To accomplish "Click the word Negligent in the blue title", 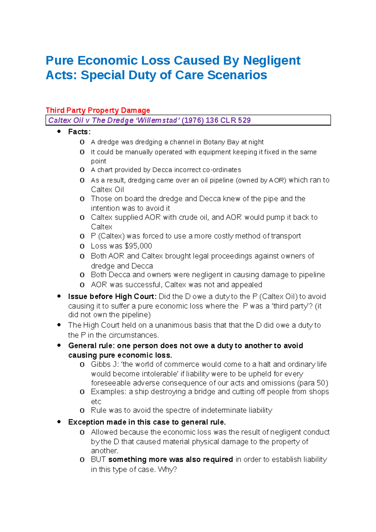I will pyautogui.click(x=272, y=60).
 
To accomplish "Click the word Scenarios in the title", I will pyautogui.click(x=237, y=75).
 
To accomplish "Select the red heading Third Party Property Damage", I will pyautogui.click(x=98, y=110).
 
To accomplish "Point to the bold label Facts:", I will pyautogui.click(x=79, y=132).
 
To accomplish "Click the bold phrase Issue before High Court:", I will pyautogui.click(x=112, y=296).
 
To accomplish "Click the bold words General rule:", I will pyautogui.click(x=91, y=346).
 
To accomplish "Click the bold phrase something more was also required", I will pyautogui.click(x=170, y=460).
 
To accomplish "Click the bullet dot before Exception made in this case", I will pyautogui.click(x=59, y=422).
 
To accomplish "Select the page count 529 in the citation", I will pyautogui.click(x=244, y=120).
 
